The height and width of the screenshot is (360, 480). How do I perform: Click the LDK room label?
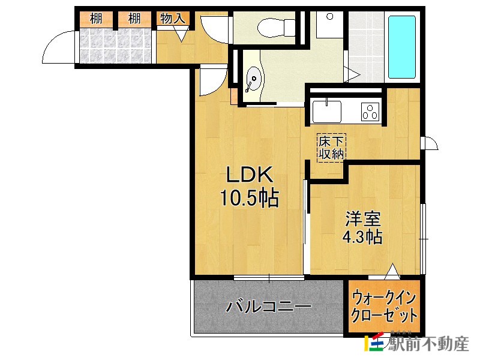click(x=250, y=175)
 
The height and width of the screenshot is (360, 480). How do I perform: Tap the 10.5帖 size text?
click(x=249, y=198)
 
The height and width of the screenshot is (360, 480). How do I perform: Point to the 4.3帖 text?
click(x=362, y=237)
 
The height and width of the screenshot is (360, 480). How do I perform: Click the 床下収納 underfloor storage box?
click(x=331, y=148)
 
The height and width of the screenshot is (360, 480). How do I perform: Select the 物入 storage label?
click(x=172, y=19)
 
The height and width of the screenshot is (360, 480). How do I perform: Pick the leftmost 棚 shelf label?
click(x=96, y=19)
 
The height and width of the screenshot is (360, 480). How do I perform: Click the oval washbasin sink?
click(x=254, y=79)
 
